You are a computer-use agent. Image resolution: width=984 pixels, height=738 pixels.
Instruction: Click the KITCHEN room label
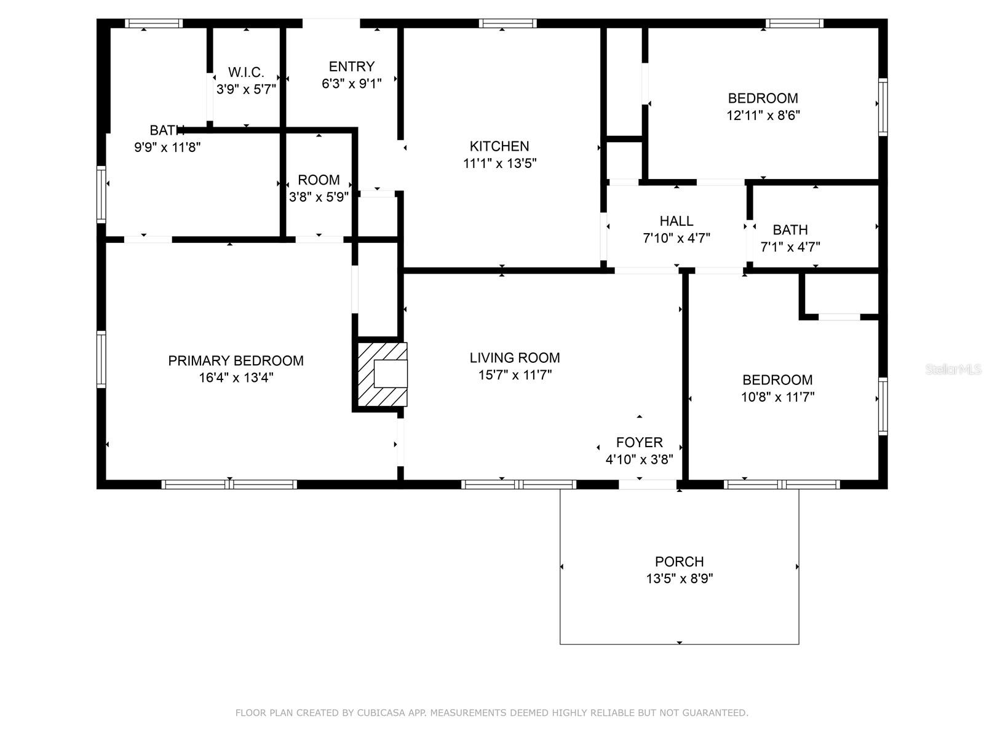point(499,146)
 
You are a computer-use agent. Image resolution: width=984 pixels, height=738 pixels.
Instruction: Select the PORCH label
point(679,561)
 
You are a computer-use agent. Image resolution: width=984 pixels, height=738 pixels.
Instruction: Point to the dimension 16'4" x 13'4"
point(236,378)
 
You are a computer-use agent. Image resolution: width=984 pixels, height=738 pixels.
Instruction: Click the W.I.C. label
point(246,72)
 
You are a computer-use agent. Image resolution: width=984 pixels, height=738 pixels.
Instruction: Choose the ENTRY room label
point(351,66)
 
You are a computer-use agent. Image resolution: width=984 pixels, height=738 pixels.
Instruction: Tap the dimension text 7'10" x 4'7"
point(676,238)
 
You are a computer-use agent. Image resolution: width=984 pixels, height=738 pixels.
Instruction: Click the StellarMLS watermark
point(953,370)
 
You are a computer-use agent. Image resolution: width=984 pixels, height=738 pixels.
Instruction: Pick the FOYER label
point(640,442)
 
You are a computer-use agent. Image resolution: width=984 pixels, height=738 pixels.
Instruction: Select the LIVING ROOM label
point(515,358)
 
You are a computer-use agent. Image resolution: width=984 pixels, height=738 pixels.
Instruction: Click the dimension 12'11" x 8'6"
point(763,115)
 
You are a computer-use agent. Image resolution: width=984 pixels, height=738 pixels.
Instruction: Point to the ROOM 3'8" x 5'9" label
point(319,180)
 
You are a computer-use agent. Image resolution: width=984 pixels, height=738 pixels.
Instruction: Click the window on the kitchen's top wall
point(508,23)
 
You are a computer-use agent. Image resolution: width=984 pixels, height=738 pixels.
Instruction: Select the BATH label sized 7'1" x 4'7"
point(790,230)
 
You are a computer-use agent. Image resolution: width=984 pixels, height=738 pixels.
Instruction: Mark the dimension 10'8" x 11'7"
point(777,397)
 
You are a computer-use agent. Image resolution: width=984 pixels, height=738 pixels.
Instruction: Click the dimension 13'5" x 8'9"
point(679,579)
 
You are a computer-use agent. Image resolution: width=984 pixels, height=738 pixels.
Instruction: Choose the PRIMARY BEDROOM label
point(236,361)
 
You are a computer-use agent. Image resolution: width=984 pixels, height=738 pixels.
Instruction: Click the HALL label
point(676,221)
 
